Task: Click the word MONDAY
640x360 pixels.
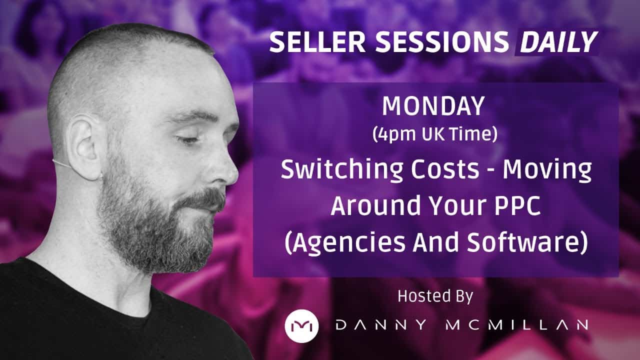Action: (433, 106)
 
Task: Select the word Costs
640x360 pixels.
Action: (445, 169)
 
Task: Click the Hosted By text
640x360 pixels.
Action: (435, 297)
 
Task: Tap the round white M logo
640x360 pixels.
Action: (301, 325)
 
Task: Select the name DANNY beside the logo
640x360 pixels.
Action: (381, 325)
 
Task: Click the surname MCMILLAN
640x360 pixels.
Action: (517, 325)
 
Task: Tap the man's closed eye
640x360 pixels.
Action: (188, 139)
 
